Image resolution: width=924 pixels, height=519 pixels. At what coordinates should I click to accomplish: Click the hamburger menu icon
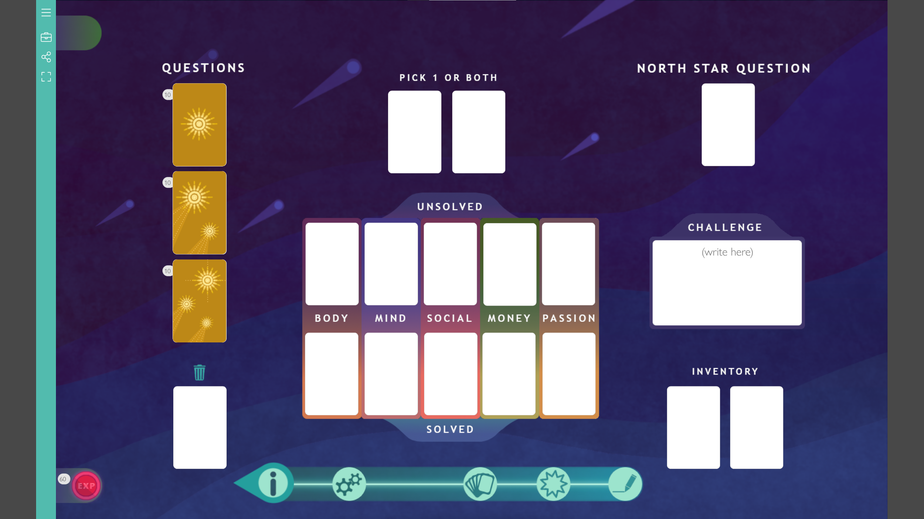pos(46,13)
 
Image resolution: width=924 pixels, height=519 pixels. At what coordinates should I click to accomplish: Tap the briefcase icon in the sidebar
pos(46,37)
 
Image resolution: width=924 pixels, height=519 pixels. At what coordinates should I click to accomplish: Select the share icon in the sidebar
pos(46,57)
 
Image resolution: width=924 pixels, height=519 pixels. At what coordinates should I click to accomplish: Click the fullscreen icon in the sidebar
pos(46,77)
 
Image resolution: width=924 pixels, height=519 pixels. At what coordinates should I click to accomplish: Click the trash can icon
pos(199,372)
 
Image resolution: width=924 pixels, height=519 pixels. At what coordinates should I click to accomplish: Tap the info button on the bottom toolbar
pos(273,483)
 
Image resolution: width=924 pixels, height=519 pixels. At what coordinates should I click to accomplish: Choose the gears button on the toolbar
pos(349,484)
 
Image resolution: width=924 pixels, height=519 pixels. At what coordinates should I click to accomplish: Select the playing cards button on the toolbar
pos(480,484)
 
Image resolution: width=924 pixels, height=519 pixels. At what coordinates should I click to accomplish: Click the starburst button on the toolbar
pos(553,484)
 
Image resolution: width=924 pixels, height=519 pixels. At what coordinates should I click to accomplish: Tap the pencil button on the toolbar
pos(625,484)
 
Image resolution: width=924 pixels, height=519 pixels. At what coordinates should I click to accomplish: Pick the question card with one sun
pos(199,124)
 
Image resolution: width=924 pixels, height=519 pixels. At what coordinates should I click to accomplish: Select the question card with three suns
pos(199,301)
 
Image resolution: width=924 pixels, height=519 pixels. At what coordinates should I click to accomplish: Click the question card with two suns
pos(199,213)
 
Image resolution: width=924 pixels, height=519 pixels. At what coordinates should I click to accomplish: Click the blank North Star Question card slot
pos(728,124)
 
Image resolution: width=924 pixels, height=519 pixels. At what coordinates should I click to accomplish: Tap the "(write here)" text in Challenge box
pos(727,252)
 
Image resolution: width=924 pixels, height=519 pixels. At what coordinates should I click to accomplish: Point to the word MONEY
pos(509,318)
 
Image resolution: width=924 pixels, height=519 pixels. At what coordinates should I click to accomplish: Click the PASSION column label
pos(569,318)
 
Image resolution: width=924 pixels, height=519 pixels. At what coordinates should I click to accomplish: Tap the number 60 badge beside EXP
pos(63,479)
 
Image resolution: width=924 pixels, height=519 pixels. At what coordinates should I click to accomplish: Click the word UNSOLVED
pos(450,207)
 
